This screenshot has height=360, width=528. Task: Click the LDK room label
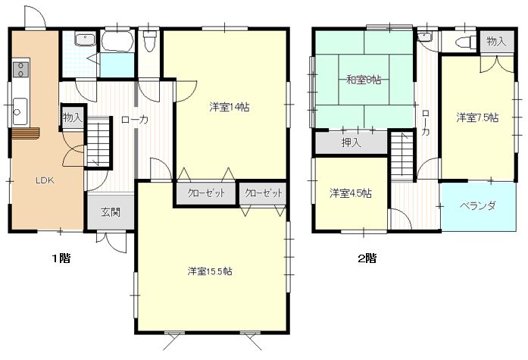(45, 180)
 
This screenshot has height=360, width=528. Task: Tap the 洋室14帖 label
(230, 108)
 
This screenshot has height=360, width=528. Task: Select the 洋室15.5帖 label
(210, 271)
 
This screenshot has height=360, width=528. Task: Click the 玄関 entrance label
(111, 212)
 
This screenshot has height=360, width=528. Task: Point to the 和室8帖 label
(364, 80)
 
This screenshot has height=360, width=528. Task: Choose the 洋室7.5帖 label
(477, 118)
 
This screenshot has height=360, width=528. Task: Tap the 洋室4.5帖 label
(351, 193)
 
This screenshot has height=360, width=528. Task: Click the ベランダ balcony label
(478, 205)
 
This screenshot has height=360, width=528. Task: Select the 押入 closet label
(351, 142)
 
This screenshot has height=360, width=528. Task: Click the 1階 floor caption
(61, 258)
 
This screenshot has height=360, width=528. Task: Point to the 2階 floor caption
(367, 258)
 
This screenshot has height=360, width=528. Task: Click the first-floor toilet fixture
(148, 41)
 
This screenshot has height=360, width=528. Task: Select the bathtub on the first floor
(117, 42)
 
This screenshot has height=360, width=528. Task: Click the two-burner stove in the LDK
(20, 69)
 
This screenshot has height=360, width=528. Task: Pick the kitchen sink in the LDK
(20, 111)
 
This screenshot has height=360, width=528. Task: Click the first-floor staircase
(98, 142)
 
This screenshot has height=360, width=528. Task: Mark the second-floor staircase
(402, 156)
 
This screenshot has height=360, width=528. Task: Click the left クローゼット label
(206, 193)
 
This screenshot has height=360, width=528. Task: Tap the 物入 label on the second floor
(497, 42)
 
